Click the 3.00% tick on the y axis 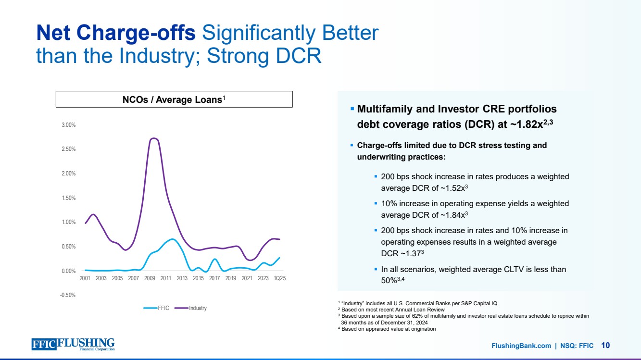(x=69, y=125)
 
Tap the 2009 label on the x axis (x=150, y=278)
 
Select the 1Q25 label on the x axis (x=280, y=278)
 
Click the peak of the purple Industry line (x=153, y=138)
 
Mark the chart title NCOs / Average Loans (x=174, y=99)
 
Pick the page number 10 (x=605, y=345)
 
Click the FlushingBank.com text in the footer (x=521, y=346)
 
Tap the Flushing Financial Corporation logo (x=73, y=345)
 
